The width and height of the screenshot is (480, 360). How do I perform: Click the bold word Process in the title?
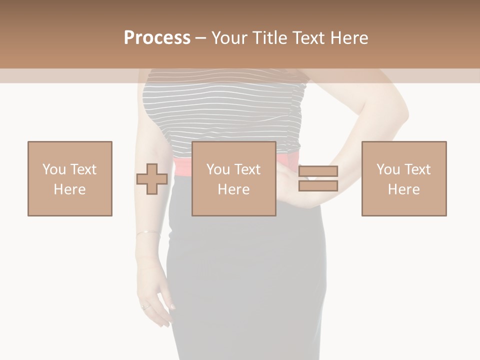pyautogui.click(x=157, y=38)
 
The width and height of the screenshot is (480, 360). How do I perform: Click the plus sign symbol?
pyautogui.click(x=152, y=179)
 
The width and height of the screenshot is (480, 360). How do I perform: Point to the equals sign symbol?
pyautogui.click(x=318, y=178)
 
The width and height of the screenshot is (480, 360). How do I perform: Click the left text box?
pyautogui.click(x=70, y=178)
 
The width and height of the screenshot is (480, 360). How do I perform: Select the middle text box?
pyautogui.click(x=233, y=178)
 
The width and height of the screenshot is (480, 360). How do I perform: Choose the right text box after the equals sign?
pyautogui.click(x=403, y=178)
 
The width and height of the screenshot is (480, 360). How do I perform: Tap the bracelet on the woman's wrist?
pyautogui.click(x=147, y=232)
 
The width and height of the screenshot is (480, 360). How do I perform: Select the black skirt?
pyautogui.click(x=245, y=280)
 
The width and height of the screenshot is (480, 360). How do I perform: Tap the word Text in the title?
pyautogui.click(x=308, y=38)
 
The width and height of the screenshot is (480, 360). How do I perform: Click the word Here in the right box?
pyautogui.click(x=403, y=189)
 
